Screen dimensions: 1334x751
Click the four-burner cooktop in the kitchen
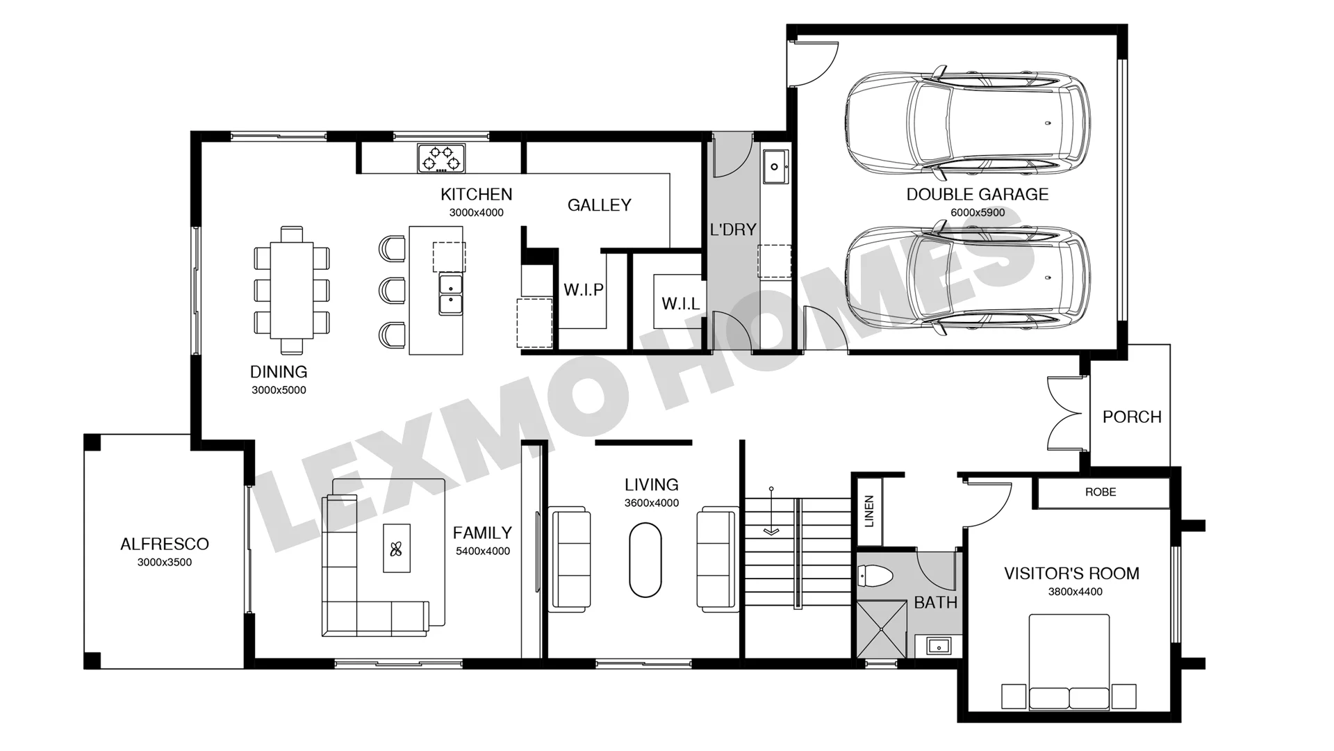441,158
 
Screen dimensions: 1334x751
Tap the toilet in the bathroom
875,576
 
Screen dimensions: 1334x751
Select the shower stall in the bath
882,629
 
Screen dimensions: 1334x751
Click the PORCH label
1132,417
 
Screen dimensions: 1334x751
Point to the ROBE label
1101,492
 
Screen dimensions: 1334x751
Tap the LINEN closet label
869,511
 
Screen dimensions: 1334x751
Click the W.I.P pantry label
584,290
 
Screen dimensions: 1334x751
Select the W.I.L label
681,303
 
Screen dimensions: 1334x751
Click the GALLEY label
600,205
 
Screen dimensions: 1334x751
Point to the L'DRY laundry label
733,229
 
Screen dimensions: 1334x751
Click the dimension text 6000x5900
978,213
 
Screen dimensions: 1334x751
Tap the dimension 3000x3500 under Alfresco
165,563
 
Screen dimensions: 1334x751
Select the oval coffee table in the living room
645,560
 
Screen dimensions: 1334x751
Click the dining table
292,290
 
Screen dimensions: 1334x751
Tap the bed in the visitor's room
1069,662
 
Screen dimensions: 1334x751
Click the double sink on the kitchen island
450,294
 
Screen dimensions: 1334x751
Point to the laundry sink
775,167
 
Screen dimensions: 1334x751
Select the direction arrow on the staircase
771,511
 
